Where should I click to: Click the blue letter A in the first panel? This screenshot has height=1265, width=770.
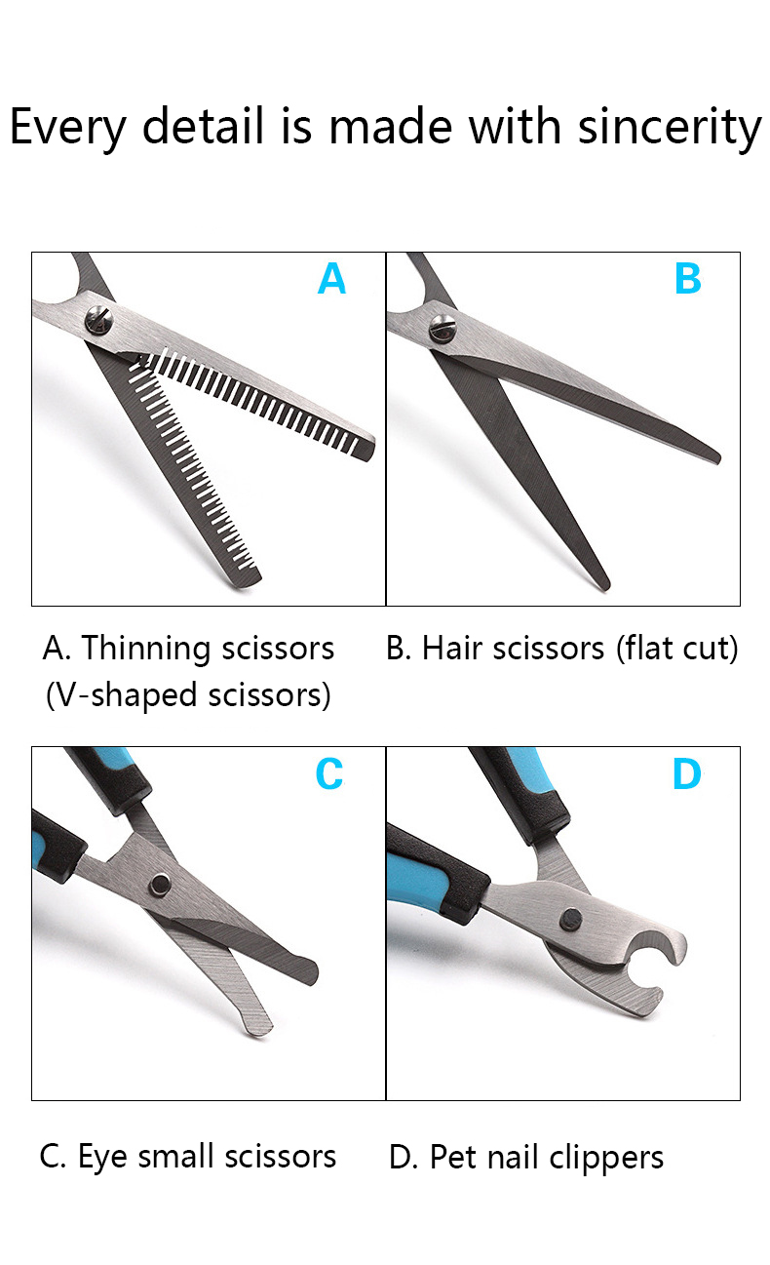click(331, 278)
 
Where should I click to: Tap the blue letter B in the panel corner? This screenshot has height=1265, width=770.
click(687, 278)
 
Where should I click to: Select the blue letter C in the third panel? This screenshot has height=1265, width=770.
click(329, 773)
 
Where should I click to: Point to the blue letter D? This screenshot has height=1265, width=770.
click(686, 773)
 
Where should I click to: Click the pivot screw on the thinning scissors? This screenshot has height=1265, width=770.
click(98, 321)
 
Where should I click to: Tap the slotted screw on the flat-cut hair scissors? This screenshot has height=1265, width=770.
click(443, 329)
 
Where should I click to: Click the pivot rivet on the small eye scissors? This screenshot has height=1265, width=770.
click(160, 885)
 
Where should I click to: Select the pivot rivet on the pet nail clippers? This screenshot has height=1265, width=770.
click(570, 920)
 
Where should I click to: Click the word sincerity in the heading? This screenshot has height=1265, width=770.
click(670, 127)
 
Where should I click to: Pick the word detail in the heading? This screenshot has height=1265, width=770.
click(204, 126)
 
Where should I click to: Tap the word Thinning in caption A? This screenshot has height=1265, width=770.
click(145, 649)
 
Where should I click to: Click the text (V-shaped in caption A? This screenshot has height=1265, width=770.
click(122, 695)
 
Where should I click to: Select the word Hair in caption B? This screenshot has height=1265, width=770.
click(453, 649)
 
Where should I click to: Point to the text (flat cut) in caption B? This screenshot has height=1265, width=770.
click(676, 649)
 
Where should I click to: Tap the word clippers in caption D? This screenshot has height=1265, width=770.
click(605, 1158)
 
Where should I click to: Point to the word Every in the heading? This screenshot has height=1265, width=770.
click(68, 128)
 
